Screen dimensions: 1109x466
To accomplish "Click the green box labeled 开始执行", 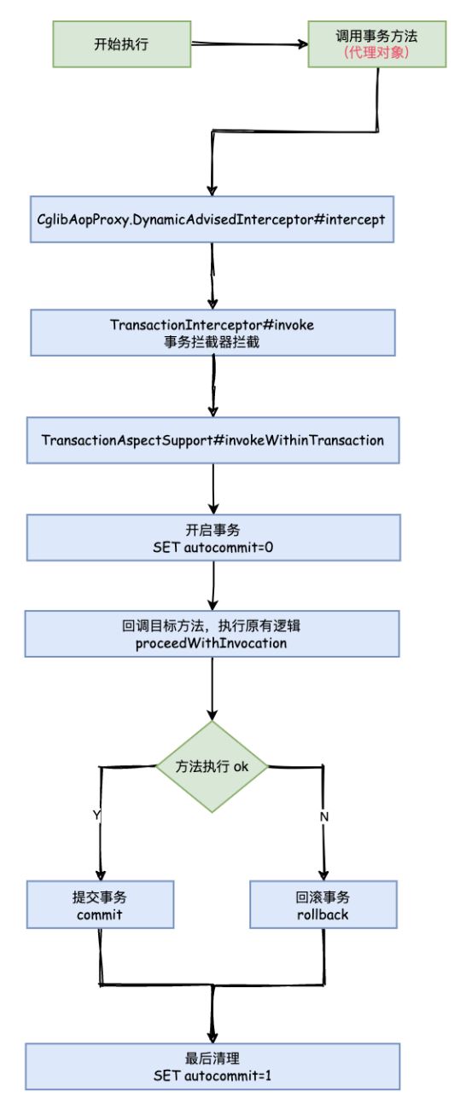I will coord(121,44).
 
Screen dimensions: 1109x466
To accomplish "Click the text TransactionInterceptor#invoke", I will coord(213,325).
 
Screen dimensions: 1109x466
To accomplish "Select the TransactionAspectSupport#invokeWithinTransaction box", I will coord(213,439).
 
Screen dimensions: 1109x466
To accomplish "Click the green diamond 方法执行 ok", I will coord(212,765).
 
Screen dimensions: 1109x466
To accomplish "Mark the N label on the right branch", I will coord(324,816).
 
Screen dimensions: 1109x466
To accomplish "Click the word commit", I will coord(100,914).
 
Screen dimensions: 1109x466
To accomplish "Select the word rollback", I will coord(323,914).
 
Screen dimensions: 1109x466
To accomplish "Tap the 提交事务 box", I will coord(100,904).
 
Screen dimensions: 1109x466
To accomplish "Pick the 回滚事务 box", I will coord(323,904).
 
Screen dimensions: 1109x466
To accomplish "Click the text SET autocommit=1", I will coord(213,1076).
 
